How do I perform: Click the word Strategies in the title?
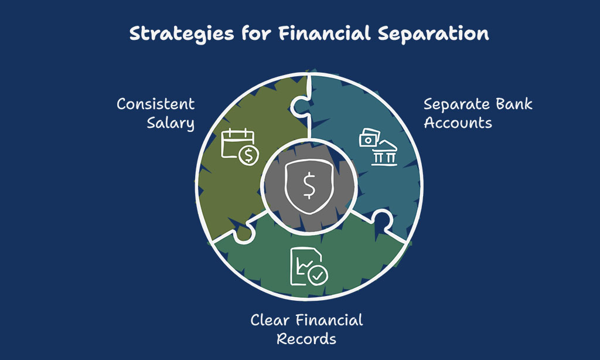182,33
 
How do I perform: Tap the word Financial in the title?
325,33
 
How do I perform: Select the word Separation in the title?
433,34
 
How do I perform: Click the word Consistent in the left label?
156,104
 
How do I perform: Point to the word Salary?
171,123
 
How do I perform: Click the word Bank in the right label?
514,104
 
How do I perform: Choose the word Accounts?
458,123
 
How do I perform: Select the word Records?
306,339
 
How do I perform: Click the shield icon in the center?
309,186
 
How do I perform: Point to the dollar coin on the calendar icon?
248,155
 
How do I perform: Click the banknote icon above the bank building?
369,137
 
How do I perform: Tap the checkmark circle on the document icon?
318,274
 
